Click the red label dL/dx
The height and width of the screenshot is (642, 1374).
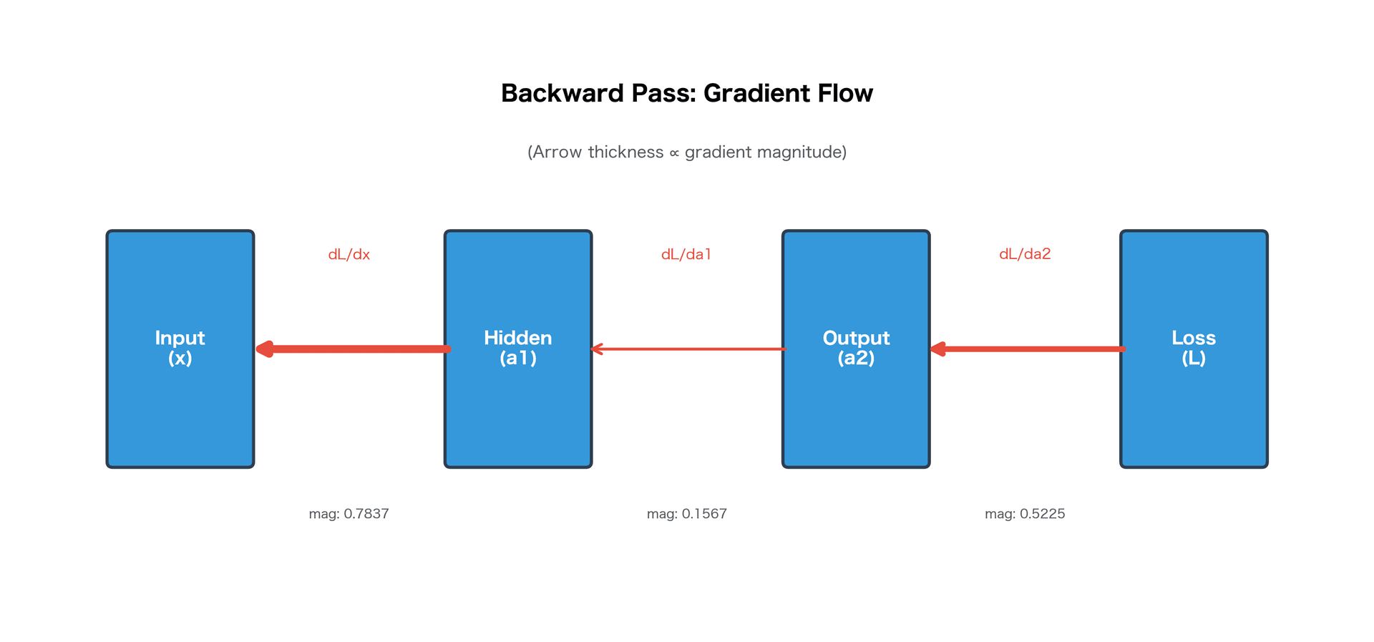click(x=349, y=255)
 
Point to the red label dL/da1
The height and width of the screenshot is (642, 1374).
click(x=686, y=255)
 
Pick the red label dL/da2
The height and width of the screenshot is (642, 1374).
click(x=1025, y=254)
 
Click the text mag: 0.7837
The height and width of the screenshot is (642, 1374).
click(x=349, y=514)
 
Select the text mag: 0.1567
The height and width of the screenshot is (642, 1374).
click(x=686, y=514)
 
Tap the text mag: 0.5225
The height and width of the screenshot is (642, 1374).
click(x=1025, y=514)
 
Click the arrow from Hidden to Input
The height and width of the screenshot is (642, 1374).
click(x=358, y=349)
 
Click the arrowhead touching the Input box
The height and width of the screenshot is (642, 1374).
click(x=264, y=349)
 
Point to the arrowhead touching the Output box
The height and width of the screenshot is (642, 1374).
click(x=938, y=349)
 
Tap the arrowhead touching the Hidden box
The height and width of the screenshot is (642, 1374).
click(x=597, y=349)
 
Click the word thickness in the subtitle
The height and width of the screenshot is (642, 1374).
click(x=625, y=152)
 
